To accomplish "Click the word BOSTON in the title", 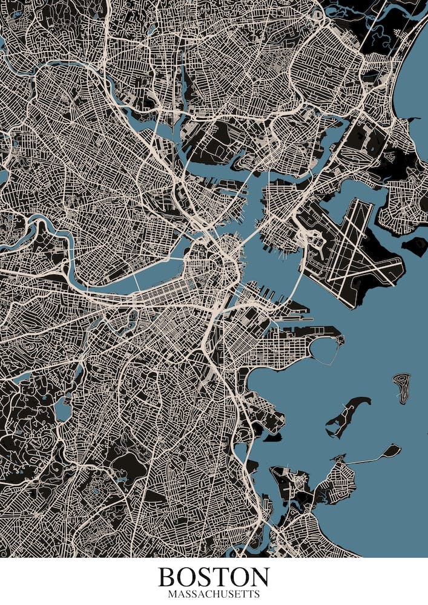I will tap(214, 577).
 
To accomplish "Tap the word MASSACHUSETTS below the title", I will tap(214, 594).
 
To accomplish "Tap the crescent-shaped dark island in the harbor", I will tap(347, 414).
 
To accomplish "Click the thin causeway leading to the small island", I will tap(363, 459).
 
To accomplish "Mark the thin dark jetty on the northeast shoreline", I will tap(413, 119).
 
